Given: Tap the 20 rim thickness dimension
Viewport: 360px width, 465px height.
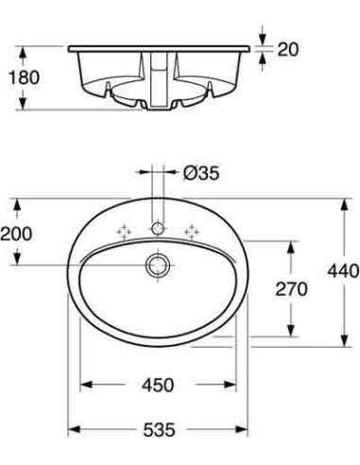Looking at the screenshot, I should [287, 48].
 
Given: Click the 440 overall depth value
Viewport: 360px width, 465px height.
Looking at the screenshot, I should [341, 271].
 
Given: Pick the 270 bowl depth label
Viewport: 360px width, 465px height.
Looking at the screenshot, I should [291, 290].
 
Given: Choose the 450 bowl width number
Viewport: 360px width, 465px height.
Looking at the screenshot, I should [158, 385].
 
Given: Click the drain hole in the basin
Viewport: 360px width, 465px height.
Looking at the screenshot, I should [157, 266].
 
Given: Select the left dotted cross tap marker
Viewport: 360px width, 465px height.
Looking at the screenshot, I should [123, 231].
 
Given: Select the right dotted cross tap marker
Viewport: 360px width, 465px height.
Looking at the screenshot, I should [193, 231].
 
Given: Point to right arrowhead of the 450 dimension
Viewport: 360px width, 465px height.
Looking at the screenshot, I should [231, 385].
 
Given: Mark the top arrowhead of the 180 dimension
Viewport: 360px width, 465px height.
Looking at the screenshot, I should [26, 48].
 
